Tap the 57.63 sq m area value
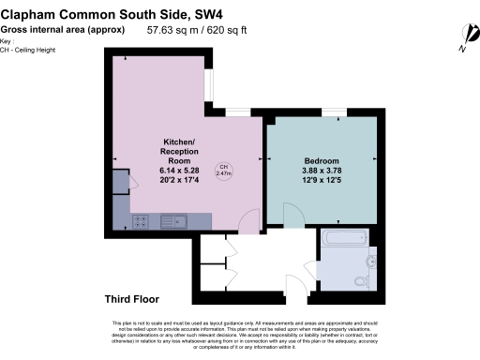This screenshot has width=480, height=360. click(x=172, y=30)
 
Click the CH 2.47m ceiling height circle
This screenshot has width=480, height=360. click(x=224, y=172)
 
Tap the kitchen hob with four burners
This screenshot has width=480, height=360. click(x=141, y=221)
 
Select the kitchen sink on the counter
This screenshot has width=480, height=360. click(x=174, y=221)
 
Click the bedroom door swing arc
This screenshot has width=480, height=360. click(x=292, y=215)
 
